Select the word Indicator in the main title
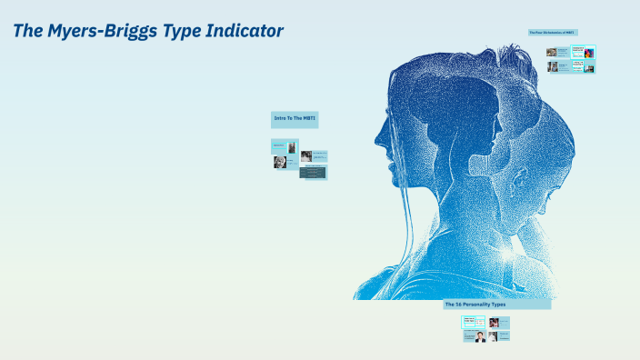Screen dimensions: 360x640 click(246, 31)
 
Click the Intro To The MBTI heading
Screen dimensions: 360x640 click(295, 118)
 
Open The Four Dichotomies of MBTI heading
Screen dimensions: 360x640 click(552, 33)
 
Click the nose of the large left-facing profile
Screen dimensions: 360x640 click(377, 142)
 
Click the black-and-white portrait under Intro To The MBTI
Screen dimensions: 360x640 click(280, 163)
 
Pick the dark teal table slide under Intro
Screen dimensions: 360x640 click(314, 172)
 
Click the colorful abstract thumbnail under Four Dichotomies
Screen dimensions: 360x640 click(589, 52)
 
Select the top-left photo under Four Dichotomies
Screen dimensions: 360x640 click(552, 53)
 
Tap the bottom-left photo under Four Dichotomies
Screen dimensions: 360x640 click(552, 67)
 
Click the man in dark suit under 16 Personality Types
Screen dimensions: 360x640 click(480, 336)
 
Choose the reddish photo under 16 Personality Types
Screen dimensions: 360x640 click(494, 322)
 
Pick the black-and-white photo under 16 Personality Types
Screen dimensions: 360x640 click(493, 336)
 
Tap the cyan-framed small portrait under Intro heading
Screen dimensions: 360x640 click(292, 147)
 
